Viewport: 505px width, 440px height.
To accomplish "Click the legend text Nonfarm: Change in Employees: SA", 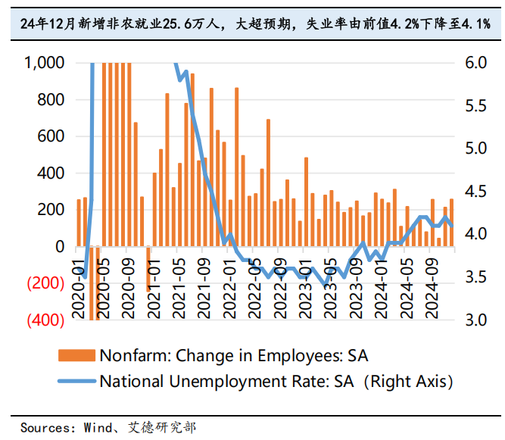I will click(x=234, y=356).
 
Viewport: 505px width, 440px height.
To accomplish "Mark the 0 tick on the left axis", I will click(x=61, y=247).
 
